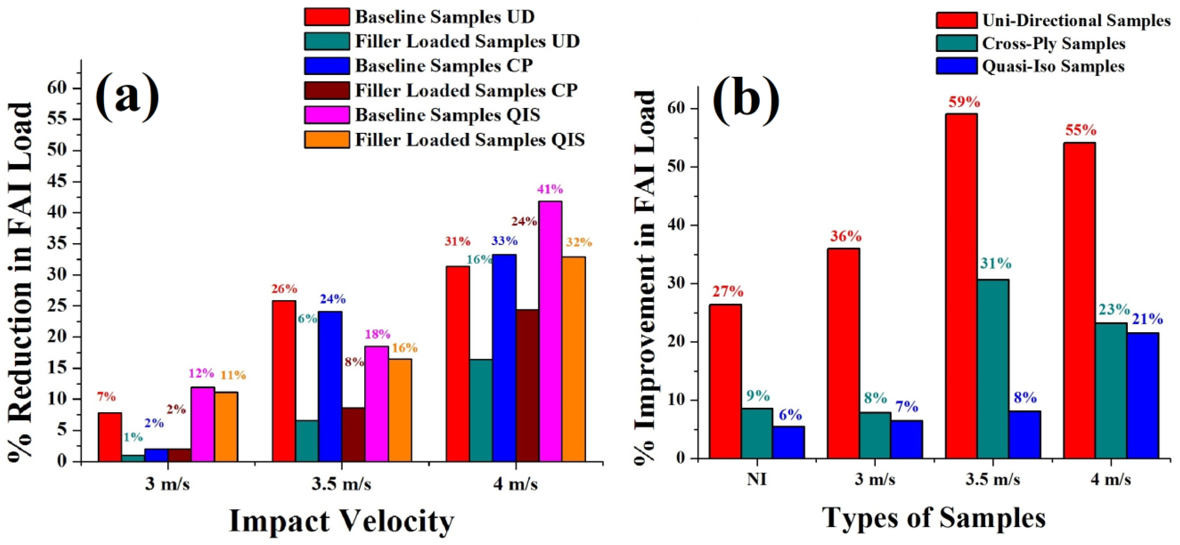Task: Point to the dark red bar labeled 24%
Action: coord(527,385)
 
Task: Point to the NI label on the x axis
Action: coord(756,479)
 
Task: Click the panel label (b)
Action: coord(745,101)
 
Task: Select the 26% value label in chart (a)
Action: coord(284,289)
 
